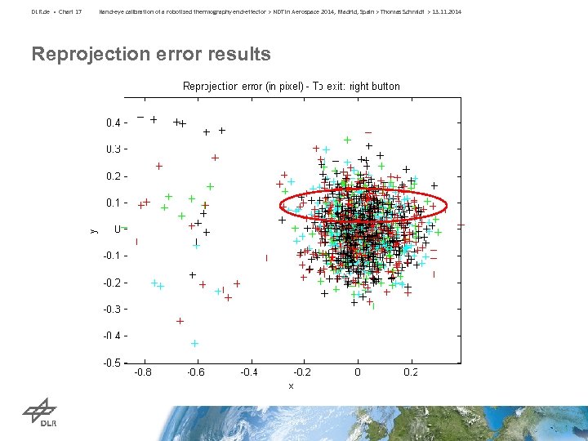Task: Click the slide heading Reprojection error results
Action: pyautogui.click(x=151, y=55)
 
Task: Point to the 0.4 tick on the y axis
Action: pyautogui.click(x=114, y=122)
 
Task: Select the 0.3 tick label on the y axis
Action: pyautogui.click(x=114, y=149)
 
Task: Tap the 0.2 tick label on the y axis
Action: pyautogui.click(x=114, y=176)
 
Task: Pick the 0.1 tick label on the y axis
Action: pyautogui.click(x=114, y=203)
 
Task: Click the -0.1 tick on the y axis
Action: pyautogui.click(x=113, y=256)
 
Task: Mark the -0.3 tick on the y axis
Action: pyautogui.click(x=113, y=310)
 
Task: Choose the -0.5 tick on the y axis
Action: pyautogui.click(x=113, y=363)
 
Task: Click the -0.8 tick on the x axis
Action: pyautogui.click(x=142, y=372)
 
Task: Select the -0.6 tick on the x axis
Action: pyautogui.click(x=196, y=372)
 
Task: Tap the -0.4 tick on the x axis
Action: pyautogui.click(x=249, y=372)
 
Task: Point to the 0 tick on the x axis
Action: pyautogui.click(x=357, y=372)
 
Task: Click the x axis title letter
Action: pyautogui.click(x=291, y=385)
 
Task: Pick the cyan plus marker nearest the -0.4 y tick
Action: pyautogui.click(x=194, y=343)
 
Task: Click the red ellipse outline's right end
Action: pyautogui.click(x=447, y=205)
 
